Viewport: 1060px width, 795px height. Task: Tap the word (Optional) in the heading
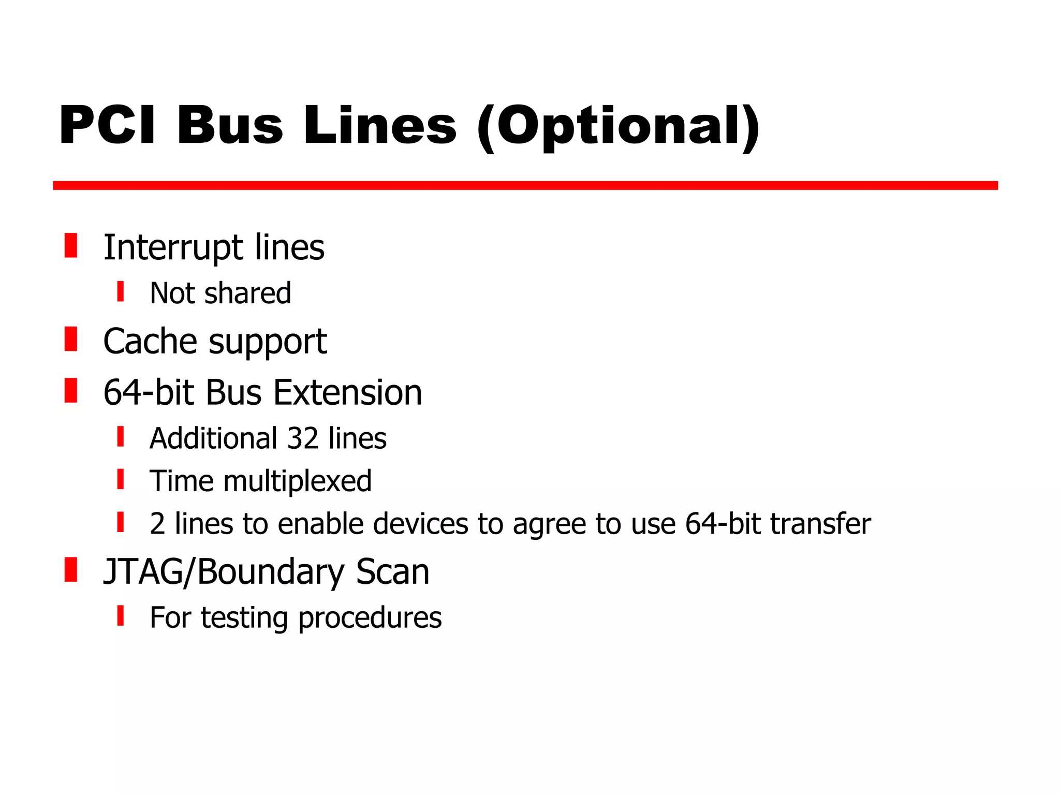click(x=618, y=126)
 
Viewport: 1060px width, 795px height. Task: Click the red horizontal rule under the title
click(x=525, y=186)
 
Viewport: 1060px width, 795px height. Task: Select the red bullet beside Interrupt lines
click(x=71, y=245)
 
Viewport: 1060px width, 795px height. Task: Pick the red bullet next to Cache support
click(x=71, y=339)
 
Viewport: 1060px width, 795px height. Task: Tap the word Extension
click(x=348, y=393)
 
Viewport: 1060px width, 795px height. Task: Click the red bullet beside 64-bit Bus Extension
click(x=71, y=390)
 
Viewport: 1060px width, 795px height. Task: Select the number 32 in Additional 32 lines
click(x=302, y=438)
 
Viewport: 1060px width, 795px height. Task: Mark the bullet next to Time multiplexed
click(x=121, y=479)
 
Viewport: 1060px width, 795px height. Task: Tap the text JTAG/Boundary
click(x=223, y=572)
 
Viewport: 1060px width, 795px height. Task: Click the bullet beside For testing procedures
click(x=121, y=616)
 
